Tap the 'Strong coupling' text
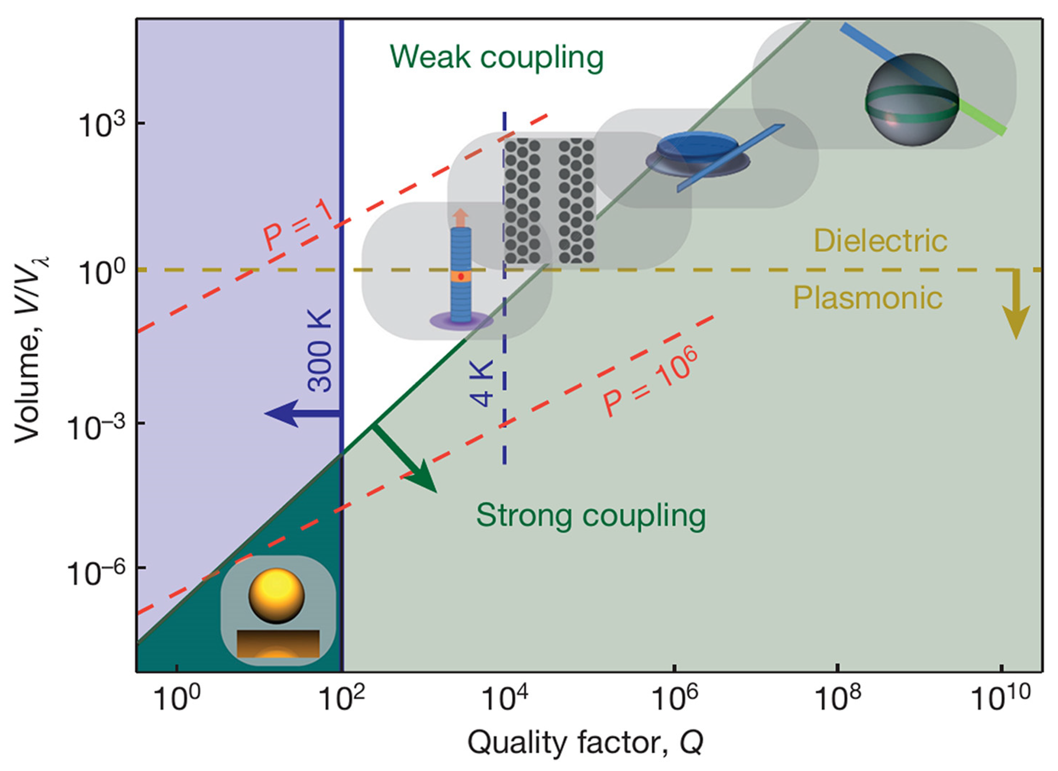[x=590, y=515]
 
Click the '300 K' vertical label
[x=320, y=350]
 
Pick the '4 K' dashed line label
[x=481, y=383]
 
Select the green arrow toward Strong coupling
[x=406, y=459]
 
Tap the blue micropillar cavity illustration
[x=461, y=275]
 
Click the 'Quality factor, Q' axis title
[x=586, y=743]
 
